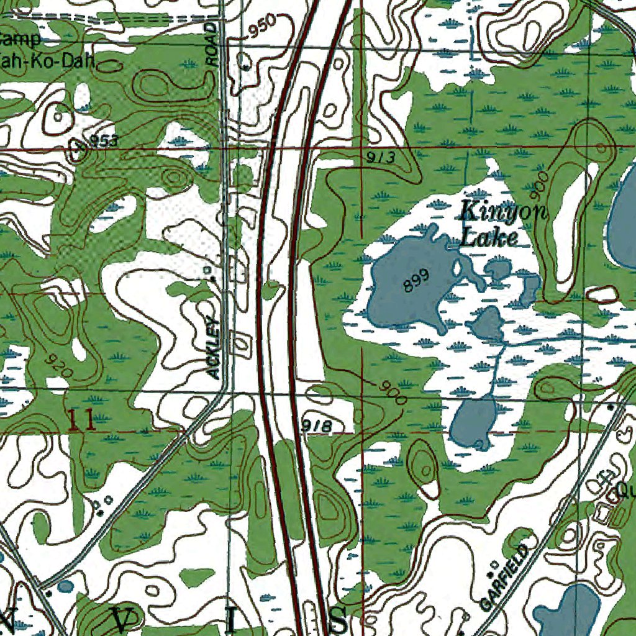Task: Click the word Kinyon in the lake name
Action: click(x=503, y=212)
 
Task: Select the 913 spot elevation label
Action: click(x=380, y=158)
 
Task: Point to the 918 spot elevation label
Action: click(x=316, y=425)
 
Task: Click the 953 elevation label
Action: click(x=103, y=142)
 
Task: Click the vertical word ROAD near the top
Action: click(x=212, y=45)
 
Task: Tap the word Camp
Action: click(x=20, y=40)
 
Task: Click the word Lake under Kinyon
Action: click(x=489, y=237)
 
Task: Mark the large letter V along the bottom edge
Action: click(x=125, y=619)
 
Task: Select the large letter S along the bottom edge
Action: click(x=338, y=619)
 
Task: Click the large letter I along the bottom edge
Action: click(x=231, y=620)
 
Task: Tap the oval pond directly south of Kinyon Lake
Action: click(x=473, y=423)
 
